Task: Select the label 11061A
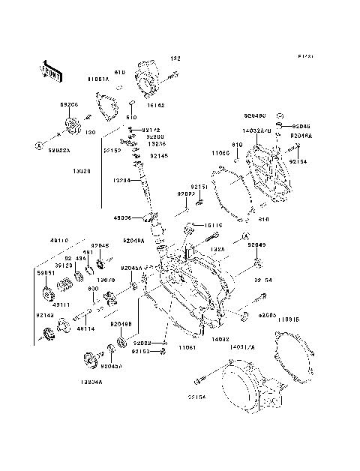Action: point(98,78)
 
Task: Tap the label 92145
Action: point(158,156)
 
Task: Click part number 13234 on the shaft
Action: point(123,180)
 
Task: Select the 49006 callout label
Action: point(123,217)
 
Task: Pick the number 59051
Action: point(46,274)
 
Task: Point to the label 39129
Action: point(63,265)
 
